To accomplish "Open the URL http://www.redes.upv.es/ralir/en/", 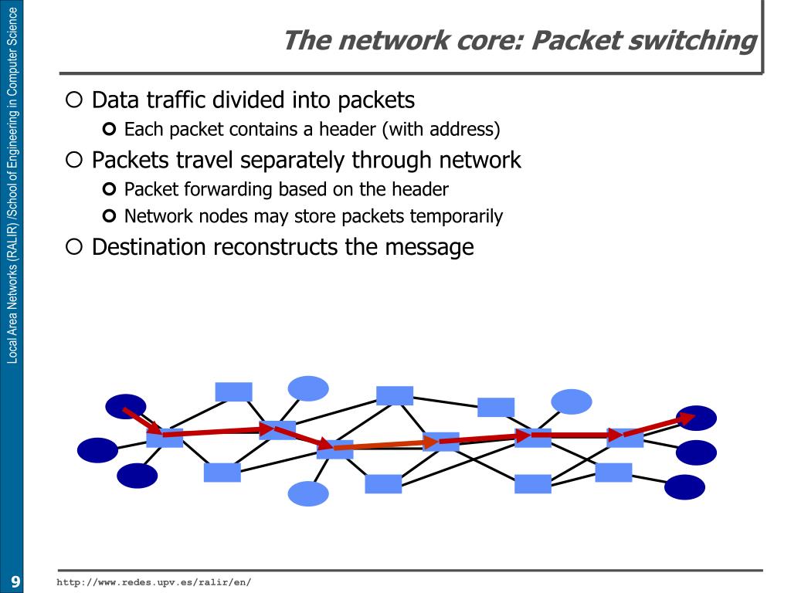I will [154, 581].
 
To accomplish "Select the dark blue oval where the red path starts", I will [126, 406].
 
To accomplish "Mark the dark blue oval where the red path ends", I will [696, 418].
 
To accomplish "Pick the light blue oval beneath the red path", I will [308, 493].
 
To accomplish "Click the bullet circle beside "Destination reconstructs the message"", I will [73, 247].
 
